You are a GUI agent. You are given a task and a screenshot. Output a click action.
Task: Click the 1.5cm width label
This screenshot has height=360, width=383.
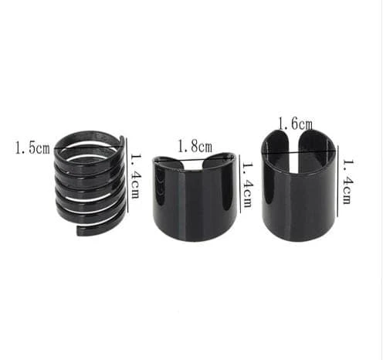[x=32, y=148]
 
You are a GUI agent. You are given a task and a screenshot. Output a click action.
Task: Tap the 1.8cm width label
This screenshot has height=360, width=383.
[x=195, y=147]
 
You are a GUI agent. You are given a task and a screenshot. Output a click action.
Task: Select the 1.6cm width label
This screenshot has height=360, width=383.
[x=296, y=124]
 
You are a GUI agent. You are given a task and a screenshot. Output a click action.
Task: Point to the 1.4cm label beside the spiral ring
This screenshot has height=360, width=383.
[x=136, y=176]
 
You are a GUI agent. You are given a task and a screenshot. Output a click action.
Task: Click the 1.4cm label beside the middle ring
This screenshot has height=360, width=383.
[x=247, y=185]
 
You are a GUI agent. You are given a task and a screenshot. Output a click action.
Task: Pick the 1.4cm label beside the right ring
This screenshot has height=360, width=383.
[x=347, y=182]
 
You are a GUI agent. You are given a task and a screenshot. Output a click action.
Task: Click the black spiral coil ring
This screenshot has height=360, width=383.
[x=90, y=183]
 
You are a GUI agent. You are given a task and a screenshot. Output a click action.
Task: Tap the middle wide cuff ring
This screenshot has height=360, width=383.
[x=195, y=197]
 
